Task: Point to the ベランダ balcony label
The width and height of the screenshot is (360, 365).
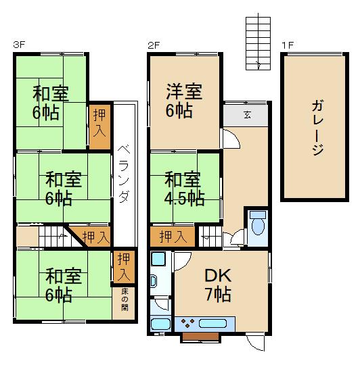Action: [123, 173]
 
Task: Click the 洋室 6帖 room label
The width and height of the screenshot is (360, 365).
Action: [184, 99]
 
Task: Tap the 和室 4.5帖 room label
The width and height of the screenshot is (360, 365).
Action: [184, 189]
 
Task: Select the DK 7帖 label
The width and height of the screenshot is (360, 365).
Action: [218, 285]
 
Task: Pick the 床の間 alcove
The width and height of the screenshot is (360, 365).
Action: [125, 301]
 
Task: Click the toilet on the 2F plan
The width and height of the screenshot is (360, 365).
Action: [258, 227]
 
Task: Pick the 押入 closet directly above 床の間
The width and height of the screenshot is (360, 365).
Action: [123, 266]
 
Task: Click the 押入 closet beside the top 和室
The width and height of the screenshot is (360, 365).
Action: [98, 124]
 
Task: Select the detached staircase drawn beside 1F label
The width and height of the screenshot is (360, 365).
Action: [256, 41]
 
